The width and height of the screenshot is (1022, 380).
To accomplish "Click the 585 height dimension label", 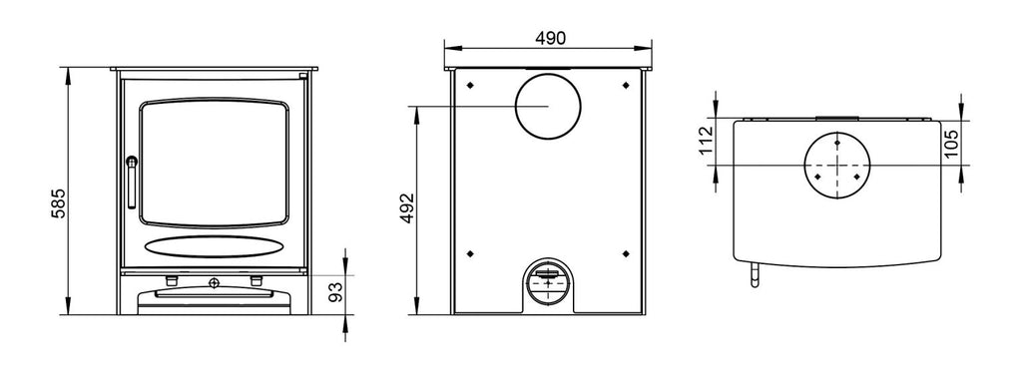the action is pyautogui.click(x=58, y=203).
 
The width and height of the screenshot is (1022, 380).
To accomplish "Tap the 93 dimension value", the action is pyautogui.click(x=335, y=293).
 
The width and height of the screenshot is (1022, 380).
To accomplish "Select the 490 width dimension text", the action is pyautogui.click(x=551, y=39).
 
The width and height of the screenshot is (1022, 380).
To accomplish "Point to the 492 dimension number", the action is pyautogui.click(x=407, y=208).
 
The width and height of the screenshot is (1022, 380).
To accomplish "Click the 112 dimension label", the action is pyautogui.click(x=707, y=141).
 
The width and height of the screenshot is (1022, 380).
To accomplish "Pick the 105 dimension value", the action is pyautogui.click(x=951, y=144).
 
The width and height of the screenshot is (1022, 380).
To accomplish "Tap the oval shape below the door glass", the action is pyautogui.click(x=214, y=246).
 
